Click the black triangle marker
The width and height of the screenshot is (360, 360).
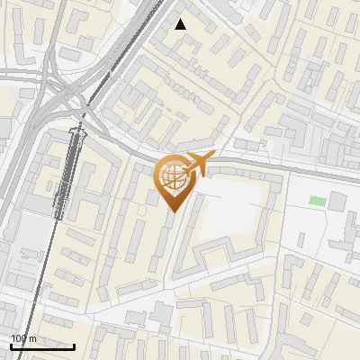click(181, 24)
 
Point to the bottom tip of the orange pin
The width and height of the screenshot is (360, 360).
click(172, 212)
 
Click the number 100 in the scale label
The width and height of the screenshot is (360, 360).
click(19, 337)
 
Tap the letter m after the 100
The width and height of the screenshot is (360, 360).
click(32, 337)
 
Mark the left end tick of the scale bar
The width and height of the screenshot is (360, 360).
click(10, 344)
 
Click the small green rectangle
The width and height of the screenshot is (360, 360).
click(316, 201)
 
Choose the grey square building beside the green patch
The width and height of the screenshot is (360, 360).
click(337, 201)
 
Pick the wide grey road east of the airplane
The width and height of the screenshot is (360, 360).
click(288, 166)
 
